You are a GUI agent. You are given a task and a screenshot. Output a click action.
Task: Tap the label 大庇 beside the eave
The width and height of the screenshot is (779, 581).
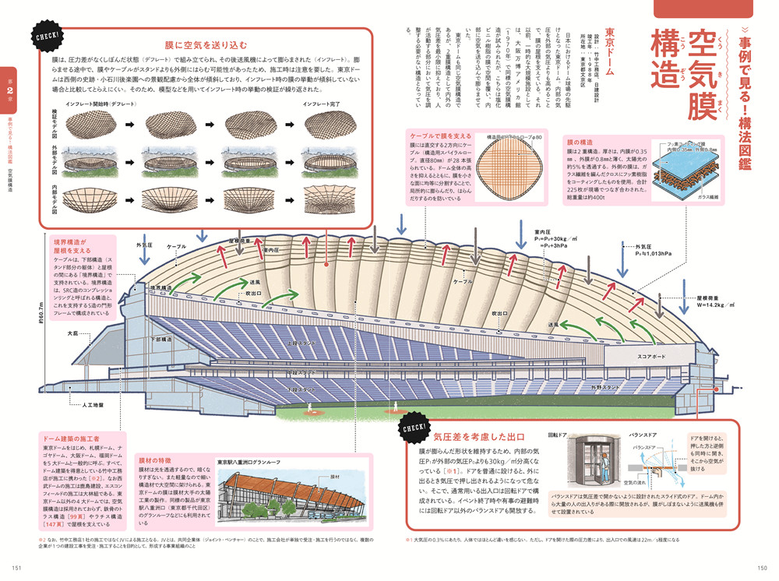73,333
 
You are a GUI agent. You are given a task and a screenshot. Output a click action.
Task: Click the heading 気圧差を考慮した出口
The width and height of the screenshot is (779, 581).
478,437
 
